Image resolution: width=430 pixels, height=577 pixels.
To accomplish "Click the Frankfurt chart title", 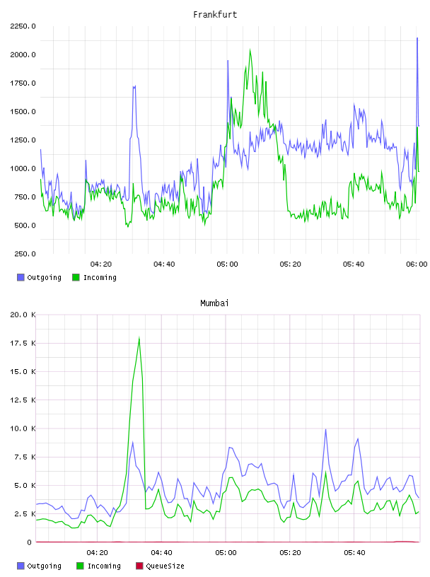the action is point(215,15).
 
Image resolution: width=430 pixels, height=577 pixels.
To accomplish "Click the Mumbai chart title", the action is point(214,303).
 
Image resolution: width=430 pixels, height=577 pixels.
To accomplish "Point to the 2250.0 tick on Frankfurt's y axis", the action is point(23,26).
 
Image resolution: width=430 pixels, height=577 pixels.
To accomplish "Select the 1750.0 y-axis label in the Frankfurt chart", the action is point(23,83).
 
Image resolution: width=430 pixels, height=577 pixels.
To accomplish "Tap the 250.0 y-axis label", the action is point(25,254).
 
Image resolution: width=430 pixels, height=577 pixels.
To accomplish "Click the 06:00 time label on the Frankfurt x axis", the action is point(417,264).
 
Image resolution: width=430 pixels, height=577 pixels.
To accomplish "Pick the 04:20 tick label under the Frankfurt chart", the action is point(101,264).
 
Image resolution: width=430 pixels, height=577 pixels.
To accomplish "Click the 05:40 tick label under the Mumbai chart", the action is point(354,553).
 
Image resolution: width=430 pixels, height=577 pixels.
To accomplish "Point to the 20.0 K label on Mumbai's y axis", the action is point(23,315).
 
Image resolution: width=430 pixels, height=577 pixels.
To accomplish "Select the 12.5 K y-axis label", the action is point(23,400).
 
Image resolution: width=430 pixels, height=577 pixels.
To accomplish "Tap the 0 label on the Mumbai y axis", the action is point(29,542).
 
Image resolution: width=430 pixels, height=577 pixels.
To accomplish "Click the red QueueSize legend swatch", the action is point(139,566).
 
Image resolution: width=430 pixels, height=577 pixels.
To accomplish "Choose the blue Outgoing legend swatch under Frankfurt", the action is point(21,277).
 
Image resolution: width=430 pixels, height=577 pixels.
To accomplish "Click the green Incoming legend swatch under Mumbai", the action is point(80,566).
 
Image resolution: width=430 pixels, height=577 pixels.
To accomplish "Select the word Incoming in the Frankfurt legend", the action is point(100,278).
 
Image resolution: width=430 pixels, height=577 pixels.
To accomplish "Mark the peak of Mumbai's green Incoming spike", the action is point(139,338).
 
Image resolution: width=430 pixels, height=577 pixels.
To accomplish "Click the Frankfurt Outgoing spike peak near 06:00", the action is point(417,38).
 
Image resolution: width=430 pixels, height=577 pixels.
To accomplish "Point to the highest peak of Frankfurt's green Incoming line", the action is point(250,49).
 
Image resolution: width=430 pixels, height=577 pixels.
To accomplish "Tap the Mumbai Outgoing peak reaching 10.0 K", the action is point(325,429).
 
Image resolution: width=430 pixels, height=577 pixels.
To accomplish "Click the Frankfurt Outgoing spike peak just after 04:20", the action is point(134,86).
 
